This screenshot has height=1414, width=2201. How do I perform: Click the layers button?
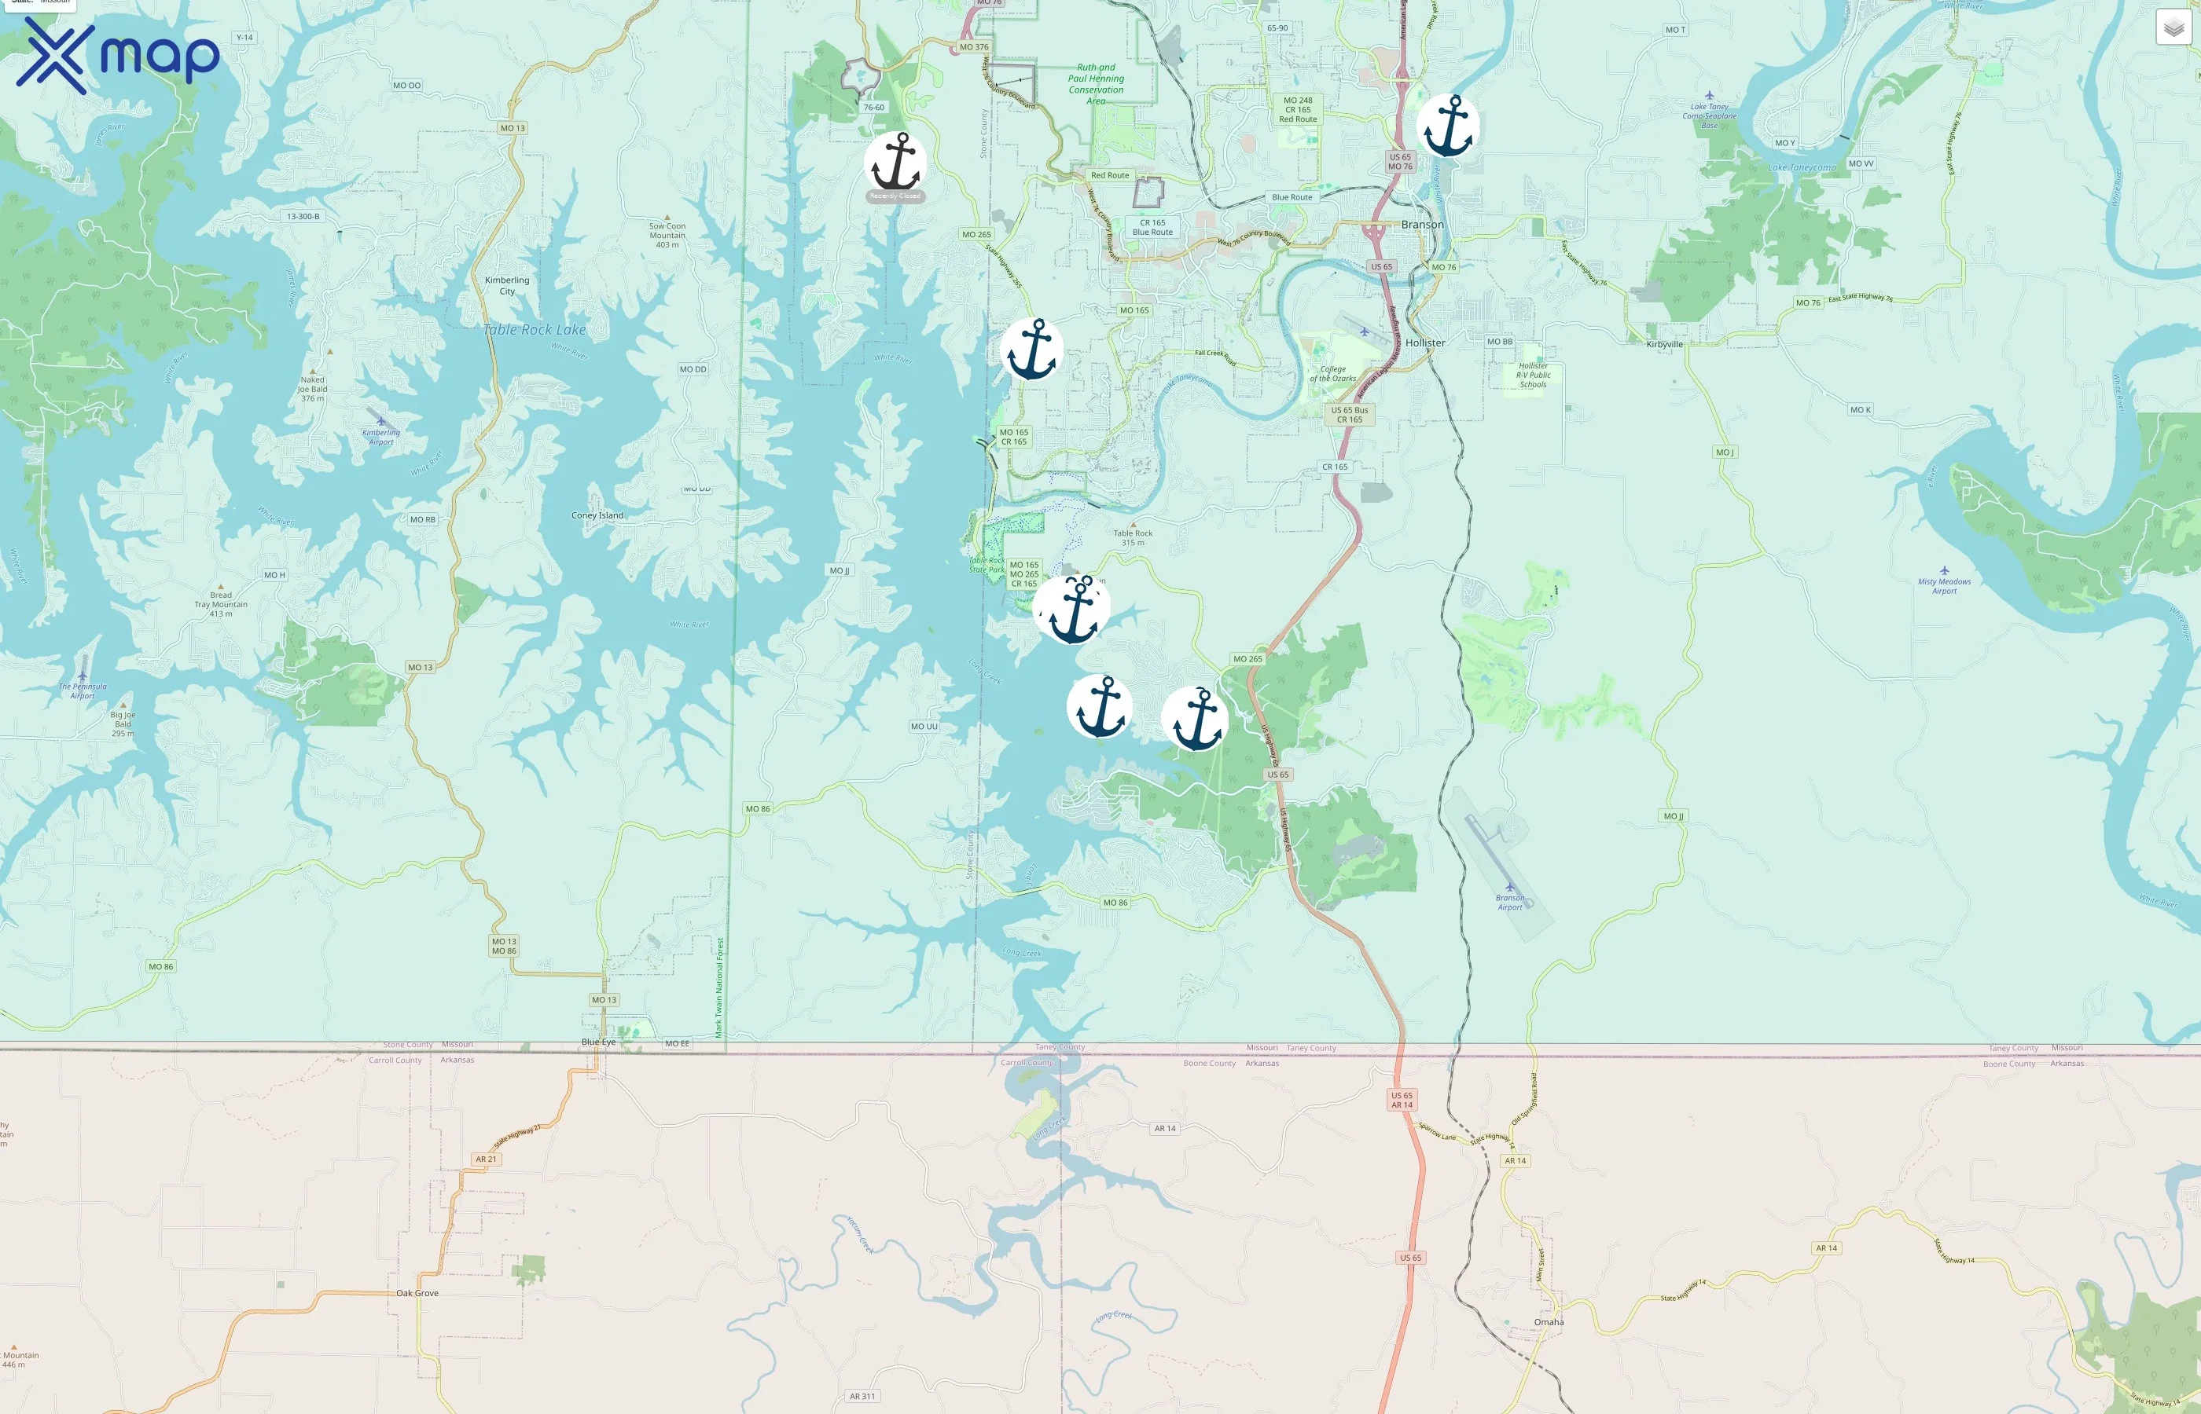pos(2173,27)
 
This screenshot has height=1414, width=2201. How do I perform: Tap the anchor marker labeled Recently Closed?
pos(895,164)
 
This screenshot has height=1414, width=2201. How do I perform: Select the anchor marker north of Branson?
pos(1448,126)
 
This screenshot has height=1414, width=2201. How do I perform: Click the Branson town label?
pos(1422,225)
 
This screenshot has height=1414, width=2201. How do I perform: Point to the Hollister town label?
pos(1425,343)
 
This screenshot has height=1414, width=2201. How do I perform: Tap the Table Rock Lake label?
pos(535,330)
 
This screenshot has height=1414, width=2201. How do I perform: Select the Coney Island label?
pos(597,515)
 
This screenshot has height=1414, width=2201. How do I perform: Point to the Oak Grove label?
pos(417,1293)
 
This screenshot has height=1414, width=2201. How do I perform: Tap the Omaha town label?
pos(1549,1322)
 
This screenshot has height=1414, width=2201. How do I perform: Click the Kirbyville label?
pos(1665,344)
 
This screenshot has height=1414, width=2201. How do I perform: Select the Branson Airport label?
pos(1510,903)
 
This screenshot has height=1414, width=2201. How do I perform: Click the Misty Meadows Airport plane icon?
pos(1944,570)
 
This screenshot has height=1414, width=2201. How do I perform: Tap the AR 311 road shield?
pos(862,1397)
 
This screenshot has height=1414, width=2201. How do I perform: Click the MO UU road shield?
pos(924,727)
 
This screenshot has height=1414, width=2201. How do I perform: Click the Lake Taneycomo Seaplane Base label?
pos(1710,115)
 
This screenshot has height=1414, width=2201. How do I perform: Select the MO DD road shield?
pos(693,369)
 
